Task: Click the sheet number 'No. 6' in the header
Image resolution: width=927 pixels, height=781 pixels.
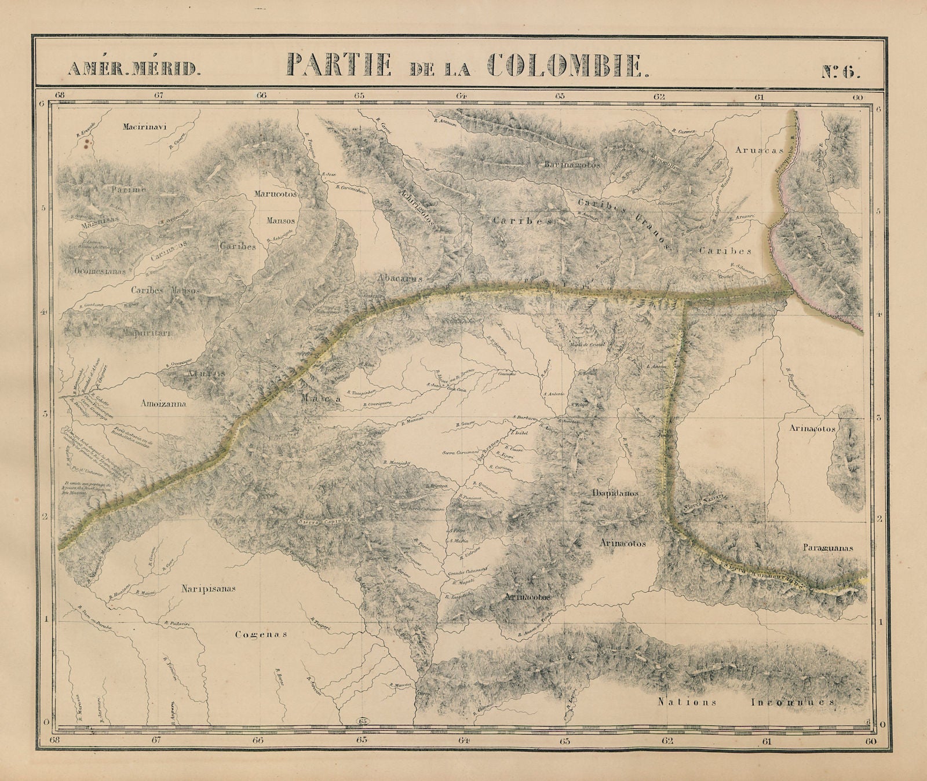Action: coord(841,72)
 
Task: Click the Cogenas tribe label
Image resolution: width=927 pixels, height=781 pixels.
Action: coord(261,634)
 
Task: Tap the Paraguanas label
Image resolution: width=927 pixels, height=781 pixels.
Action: coord(828,547)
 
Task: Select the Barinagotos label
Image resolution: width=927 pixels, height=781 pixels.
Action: coord(572,165)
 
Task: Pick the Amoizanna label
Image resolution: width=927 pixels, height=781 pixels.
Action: coord(163,404)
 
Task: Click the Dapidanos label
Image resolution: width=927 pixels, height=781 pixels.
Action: coord(615,493)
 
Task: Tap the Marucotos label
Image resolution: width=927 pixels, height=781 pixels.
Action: coord(276,195)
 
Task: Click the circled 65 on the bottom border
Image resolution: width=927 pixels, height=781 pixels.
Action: coord(363,721)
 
